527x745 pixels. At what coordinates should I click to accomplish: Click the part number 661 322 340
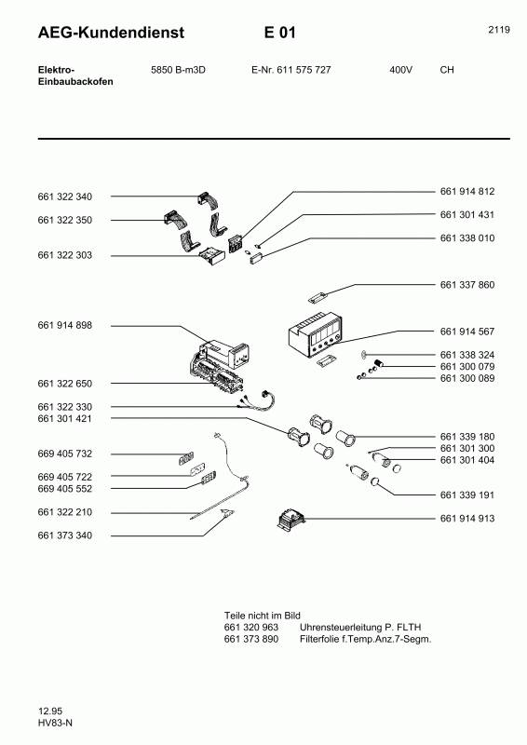coord(64,196)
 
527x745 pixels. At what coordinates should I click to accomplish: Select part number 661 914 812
coord(466,191)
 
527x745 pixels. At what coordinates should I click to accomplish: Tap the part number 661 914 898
coord(64,325)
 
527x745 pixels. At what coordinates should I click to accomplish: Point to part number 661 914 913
coord(466,518)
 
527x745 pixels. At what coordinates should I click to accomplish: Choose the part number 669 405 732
coord(64,454)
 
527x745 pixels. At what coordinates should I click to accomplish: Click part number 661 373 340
coord(64,535)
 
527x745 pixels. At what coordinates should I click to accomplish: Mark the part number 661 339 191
coord(466,495)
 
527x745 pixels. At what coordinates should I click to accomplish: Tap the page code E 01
coord(279,33)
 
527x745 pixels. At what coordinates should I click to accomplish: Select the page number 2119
coord(498,30)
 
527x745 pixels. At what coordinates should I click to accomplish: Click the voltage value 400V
coord(401,70)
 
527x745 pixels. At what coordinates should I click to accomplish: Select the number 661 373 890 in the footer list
coord(251,640)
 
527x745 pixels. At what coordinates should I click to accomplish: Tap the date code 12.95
coord(50,711)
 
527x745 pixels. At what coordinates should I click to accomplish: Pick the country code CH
coord(446,70)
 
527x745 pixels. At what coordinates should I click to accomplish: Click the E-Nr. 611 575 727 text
coord(291,70)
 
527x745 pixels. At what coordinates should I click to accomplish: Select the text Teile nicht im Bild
coord(263,616)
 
